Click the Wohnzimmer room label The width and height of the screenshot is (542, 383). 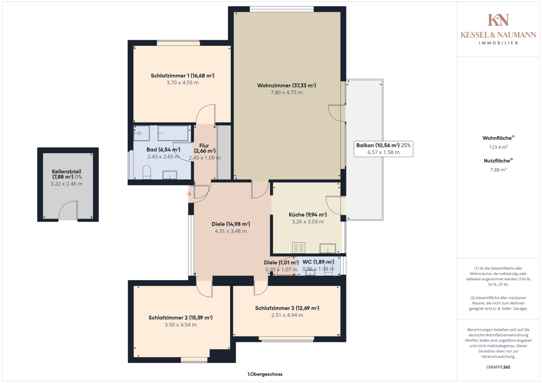coord(286,85)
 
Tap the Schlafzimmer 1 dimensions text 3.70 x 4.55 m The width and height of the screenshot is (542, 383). coord(182,83)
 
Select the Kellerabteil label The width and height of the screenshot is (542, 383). coord(66,174)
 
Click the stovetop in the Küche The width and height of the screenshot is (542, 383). coord(299,248)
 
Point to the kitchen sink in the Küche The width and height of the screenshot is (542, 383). coord(328,248)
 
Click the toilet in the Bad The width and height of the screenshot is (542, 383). coord(147,172)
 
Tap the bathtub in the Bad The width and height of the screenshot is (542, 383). coord(173,133)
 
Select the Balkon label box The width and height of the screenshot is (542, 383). coord(384,149)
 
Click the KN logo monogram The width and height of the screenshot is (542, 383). coord(498,20)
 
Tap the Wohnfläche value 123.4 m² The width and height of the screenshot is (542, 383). coord(498,147)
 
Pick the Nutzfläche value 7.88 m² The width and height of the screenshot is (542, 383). coord(498,170)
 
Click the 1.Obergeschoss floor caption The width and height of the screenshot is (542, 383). coord(265,374)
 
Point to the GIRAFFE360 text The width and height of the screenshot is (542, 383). coord(498,367)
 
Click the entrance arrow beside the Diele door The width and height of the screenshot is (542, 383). coord(189,194)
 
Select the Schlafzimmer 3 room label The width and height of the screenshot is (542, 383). coord(287,308)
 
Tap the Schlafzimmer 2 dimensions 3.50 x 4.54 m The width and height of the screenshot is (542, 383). coord(181,325)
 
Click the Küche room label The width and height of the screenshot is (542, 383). coord(308,215)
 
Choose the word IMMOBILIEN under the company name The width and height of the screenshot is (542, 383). coord(498,43)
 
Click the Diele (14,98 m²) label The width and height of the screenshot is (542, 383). coord(231,224)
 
